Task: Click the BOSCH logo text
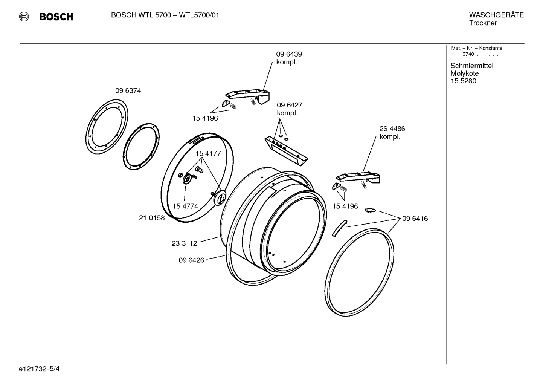pos(56,17)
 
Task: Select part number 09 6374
pos(128,91)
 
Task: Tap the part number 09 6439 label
pos(289,54)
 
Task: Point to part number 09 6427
pos(290,105)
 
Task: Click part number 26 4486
pos(392,129)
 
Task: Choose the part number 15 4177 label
pos(208,154)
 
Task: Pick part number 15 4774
pos(185,207)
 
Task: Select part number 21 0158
pos(152,218)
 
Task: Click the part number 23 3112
pos(185,243)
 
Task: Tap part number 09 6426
pos(191,260)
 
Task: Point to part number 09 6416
pos(415,219)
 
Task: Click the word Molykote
pos(465,73)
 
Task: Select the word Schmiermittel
pos(472,66)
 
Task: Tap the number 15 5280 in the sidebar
pos(463,81)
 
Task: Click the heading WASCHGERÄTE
pos(496,15)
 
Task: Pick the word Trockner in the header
pos(483,23)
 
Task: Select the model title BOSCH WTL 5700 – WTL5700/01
pos(165,15)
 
